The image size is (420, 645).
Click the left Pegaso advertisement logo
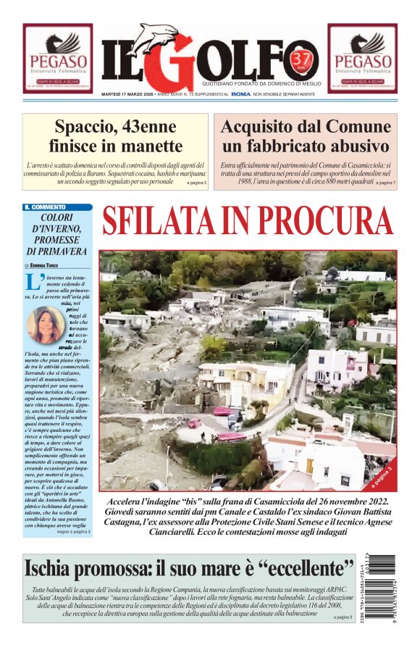pos(57,58)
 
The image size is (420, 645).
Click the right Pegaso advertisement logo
pos(362,58)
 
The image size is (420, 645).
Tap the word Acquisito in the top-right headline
pos(264,126)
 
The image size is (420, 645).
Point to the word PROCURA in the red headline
pos(323,222)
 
